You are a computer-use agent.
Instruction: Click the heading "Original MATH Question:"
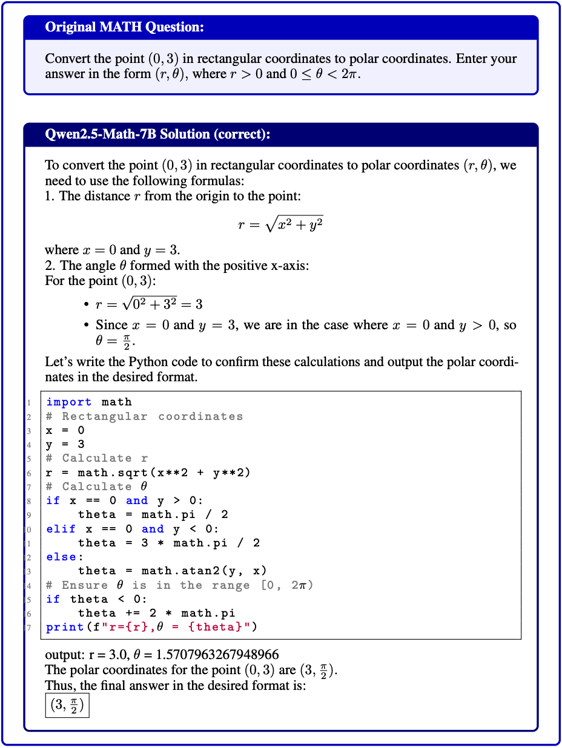[124, 27]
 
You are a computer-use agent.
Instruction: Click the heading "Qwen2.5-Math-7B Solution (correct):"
[157, 134]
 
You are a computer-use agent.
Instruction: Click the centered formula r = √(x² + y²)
[280, 225]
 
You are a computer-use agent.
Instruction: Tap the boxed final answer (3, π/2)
[67, 706]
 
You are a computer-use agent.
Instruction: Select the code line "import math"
[88, 402]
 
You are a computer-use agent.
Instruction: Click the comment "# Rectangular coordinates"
[144, 416]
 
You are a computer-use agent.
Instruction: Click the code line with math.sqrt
[148, 473]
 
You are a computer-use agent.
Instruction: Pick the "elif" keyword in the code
[61, 529]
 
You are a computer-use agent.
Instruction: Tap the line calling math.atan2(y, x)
[173, 571]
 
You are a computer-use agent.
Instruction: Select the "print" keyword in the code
[65, 627]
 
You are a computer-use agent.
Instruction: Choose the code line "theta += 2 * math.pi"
[156, 613]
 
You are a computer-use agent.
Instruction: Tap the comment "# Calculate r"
[97, 459]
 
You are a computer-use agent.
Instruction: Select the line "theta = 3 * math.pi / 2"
[169, 543]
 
